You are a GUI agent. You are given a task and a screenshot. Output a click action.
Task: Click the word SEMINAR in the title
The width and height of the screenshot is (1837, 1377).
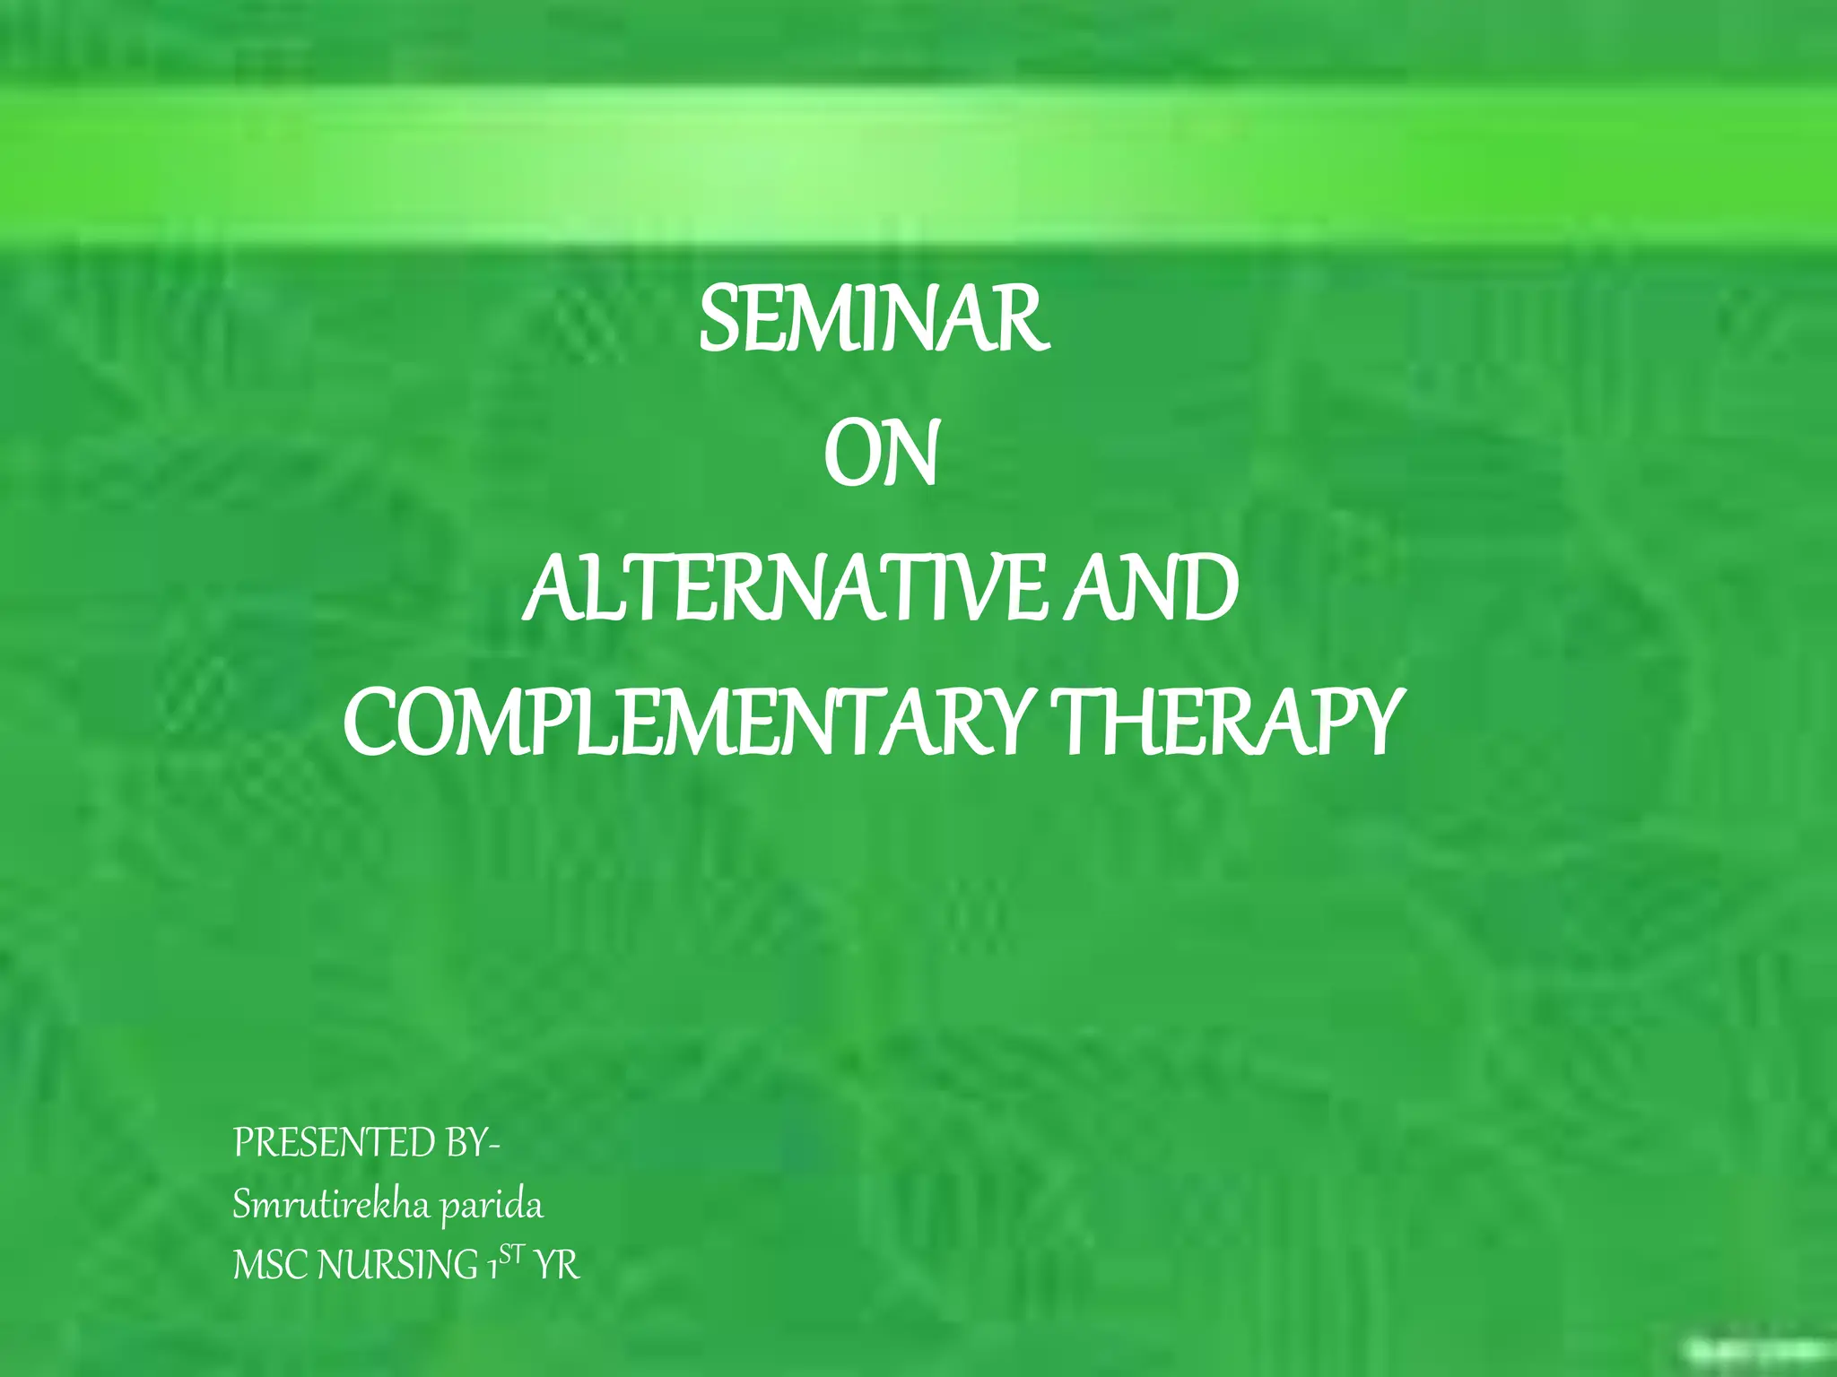click(x=873, y=320)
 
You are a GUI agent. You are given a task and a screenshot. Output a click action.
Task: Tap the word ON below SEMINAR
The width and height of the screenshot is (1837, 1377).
click(x=881, y=456)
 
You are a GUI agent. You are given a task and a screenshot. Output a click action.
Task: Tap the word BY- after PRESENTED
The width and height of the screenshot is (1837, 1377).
click(x=472, y=1144)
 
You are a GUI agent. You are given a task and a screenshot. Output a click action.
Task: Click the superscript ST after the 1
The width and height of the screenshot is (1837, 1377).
click(x=510, y=1256)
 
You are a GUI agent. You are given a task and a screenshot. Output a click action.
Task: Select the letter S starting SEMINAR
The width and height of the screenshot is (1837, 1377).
click(x=718, y=320)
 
